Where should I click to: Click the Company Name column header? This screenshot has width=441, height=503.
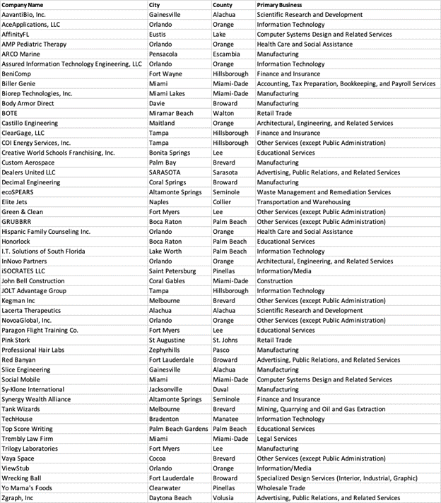(23, 5)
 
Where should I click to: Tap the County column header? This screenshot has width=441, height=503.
(223, 5)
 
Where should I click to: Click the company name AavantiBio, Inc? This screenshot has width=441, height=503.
(23, 14)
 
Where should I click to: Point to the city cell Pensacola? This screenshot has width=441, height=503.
(165, 54)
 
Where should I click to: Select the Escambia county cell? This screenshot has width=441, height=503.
(226, 54)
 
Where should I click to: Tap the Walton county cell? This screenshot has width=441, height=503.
(223, 113)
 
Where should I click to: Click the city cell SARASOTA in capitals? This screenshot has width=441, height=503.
(165, 172)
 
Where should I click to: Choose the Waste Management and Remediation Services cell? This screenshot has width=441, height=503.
(324, 192)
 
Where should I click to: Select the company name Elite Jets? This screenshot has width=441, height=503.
(17, 202)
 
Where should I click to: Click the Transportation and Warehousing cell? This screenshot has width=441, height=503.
(303, 202)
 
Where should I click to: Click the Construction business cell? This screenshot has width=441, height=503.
(275, 280)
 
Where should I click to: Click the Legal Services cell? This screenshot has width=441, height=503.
(277, 439)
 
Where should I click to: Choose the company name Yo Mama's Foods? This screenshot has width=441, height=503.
(26, 488)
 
